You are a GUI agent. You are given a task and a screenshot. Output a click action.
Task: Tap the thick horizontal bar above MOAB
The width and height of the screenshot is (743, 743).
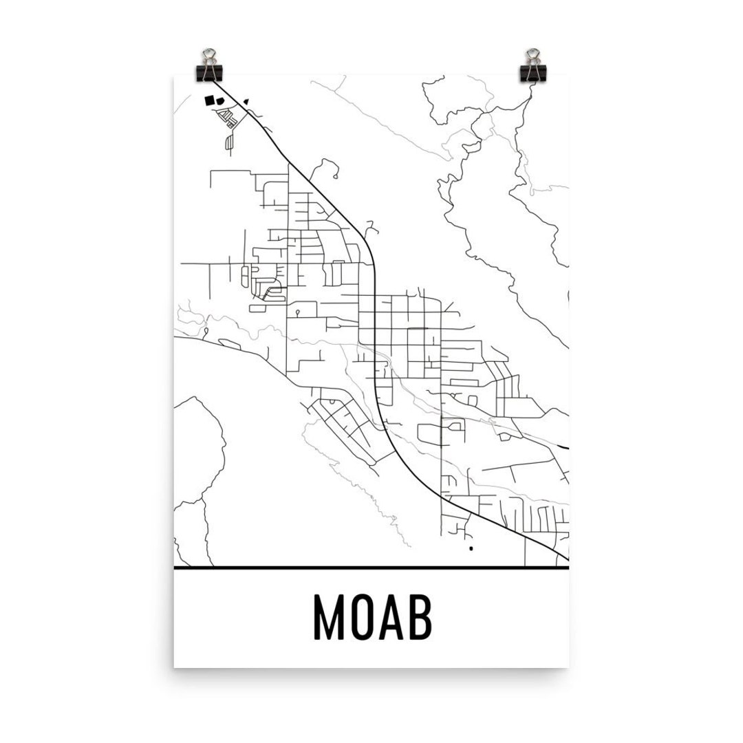click(371, 568)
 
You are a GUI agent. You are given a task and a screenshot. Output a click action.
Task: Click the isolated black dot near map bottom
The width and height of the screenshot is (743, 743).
click(471, 549)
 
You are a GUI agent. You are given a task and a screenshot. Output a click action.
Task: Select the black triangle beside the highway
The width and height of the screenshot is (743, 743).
click(247, 101)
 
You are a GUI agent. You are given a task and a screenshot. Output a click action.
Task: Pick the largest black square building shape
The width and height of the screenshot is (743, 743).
click(210, 100)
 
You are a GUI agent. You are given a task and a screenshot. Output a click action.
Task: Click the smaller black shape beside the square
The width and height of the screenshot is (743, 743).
click(221, 100)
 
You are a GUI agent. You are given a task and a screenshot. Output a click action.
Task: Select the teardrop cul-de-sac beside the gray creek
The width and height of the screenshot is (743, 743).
click(206, 331)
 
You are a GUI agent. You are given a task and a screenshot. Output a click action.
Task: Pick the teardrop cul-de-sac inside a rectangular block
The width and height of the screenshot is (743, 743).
click(297, 312)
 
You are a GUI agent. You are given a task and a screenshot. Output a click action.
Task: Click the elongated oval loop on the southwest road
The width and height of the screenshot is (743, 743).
click(228, 341)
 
